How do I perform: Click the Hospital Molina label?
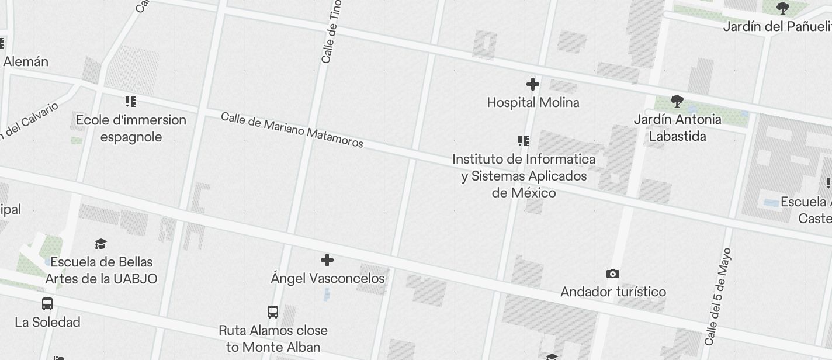533,103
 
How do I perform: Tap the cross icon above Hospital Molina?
533,84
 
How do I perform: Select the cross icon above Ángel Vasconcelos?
327,260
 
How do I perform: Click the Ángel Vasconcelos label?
328,278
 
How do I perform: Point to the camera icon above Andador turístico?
612,274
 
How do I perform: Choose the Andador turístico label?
613,292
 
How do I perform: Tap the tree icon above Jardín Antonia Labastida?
677,101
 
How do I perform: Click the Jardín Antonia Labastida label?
678,128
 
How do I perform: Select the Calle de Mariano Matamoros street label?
292,130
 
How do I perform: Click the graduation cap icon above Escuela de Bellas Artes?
101,244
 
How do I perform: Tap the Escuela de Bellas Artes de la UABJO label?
101,270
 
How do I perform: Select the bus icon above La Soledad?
47,304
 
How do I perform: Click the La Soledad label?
47,322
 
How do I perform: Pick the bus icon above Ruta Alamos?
273,311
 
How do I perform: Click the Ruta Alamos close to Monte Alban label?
273,338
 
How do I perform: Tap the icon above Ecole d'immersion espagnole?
131,102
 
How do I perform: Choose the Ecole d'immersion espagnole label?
131,129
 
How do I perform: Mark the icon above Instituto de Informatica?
524,141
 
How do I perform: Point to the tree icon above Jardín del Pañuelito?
783,8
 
